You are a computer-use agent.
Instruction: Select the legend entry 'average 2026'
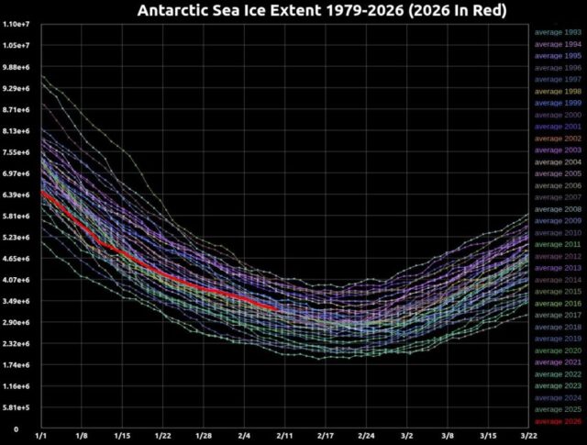tap(559, 421)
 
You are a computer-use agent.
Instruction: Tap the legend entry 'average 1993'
tap(559, 32)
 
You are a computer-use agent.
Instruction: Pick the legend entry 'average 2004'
tap(559, 161)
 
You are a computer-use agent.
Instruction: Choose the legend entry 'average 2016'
tap(559, 303)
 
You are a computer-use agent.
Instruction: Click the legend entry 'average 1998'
tap(559, 91)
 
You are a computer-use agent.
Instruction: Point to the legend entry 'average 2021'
tap(559, 362)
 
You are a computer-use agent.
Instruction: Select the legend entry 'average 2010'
tap(559, 232)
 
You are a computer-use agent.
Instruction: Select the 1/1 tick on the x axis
tap(41, 437)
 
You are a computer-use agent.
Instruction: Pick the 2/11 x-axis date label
tap(285, 437)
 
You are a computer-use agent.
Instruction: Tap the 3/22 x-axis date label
tap(528, 437)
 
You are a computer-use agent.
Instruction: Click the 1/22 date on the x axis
tap(163, 437)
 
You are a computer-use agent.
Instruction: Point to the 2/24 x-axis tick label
tap(366, 437)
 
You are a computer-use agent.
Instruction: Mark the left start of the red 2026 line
tap(42, 192)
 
